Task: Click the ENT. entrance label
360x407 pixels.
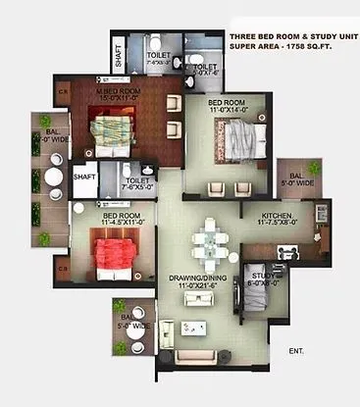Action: [x=296, y=350]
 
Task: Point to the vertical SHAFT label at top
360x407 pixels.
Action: [x=118, y=56]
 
